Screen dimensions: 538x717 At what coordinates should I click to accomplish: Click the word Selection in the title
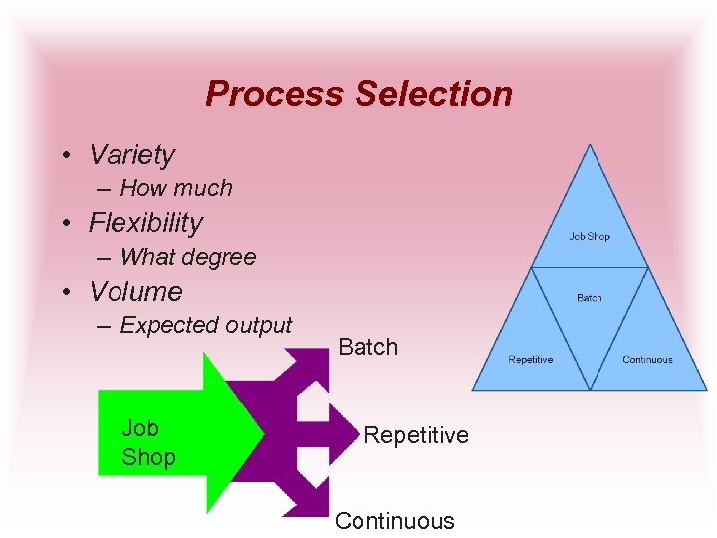pyautogui.click(x=433, y=94)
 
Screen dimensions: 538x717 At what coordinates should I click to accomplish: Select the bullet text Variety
pyautogui.click(x=131, y=155)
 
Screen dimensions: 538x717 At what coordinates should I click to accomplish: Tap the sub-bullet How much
pyautogui.click(x=176, y=188)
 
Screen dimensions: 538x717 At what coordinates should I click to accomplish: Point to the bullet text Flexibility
pyautogui.click(x=145, y=223)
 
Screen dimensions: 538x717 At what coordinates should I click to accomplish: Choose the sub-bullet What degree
pyautogui.click(x=188, y=257)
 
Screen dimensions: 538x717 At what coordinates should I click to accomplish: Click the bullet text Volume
pyautogui.click(x=136, y=292)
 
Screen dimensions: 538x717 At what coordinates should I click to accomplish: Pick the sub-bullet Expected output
pyautogui.click(x=206, y=325)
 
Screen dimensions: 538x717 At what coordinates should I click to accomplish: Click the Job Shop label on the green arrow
pyautogui.click(x=148, y=443)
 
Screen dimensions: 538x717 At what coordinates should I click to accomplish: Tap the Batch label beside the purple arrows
pyautogui.click(x=368, y=347)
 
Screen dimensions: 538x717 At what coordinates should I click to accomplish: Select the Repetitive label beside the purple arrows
pyautogui.click(x=416, y=435)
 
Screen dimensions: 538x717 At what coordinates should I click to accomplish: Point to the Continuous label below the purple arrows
pyautogui.click(x=394, y=521)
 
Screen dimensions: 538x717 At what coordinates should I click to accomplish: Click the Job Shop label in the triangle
pyautogui.click(x=590, y=237)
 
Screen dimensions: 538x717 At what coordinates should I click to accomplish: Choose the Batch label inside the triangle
pyautogui.click(x=590, y=298)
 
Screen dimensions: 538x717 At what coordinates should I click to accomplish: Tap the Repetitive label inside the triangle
pyautogui.click(x=530, y=360)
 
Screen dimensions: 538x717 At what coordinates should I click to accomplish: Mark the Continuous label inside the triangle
pyautogui.click(x=647, y=360)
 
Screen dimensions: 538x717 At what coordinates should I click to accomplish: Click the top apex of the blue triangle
pyautogui.click(x=590, y=147)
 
